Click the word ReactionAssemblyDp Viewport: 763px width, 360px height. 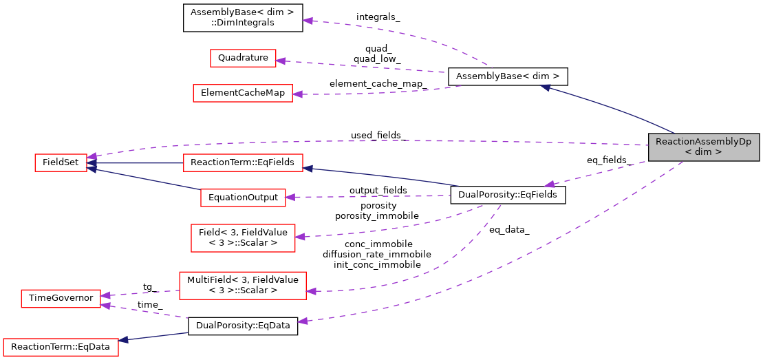(703, 142)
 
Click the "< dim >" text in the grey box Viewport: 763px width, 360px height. (703, 152)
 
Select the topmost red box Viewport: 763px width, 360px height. (243, 59)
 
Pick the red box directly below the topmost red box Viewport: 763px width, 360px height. (242, 94)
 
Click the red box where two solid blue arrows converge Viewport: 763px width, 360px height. (61, 163)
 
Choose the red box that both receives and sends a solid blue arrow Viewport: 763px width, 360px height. (243, 163)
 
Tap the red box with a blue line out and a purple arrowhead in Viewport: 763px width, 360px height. (243, 198)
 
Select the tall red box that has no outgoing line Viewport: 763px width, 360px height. (243, 238)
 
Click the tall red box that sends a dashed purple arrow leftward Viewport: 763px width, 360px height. (243, 286)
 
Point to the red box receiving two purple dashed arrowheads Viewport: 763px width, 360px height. (61, 299)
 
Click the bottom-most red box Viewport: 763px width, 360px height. (61, 348)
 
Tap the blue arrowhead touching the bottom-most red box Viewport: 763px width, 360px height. (123, 340)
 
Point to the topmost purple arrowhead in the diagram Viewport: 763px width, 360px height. (308, 21)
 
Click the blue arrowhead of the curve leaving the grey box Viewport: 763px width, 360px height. (545, 87)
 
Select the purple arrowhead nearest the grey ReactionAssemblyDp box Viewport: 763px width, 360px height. (549, 184)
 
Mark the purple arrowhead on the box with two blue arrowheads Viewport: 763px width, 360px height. (92, 156)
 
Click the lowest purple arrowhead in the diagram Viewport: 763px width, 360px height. (302, 321)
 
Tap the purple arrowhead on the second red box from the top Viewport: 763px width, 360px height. (297, 94)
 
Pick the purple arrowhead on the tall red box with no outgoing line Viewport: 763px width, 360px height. (300, 237)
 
